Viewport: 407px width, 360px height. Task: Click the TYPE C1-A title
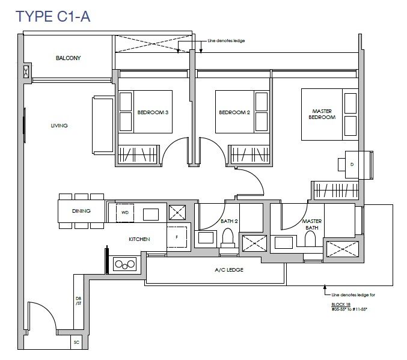pos(53,16)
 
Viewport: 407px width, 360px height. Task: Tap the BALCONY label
pos(69,58)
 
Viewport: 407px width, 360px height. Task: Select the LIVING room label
pos(59,126)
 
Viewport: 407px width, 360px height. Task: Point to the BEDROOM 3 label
pos(153,112)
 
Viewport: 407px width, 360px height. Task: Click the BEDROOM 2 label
pos(234,112)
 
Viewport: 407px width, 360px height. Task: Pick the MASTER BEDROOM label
pos(322,114)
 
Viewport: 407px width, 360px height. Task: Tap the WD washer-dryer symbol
pos(125,213)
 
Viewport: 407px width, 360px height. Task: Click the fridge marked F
pos(177,237)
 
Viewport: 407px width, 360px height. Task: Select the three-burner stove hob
pos(125,264)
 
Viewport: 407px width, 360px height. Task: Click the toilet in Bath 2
pos(228,238)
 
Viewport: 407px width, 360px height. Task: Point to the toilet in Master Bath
pos(310,239)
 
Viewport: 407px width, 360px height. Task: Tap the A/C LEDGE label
pos(229,270)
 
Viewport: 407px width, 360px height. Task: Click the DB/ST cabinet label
pos(78,301)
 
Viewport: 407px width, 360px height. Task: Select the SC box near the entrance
pos(76,343)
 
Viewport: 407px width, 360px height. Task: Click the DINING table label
pos(81,211)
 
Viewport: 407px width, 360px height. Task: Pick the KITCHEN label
pos(139,239)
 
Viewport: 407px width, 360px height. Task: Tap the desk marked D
pos(352,164)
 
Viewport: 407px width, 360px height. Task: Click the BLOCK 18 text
pos(341,304)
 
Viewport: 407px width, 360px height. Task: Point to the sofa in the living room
pos(103,126)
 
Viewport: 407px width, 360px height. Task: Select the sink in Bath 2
pos(206,237)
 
